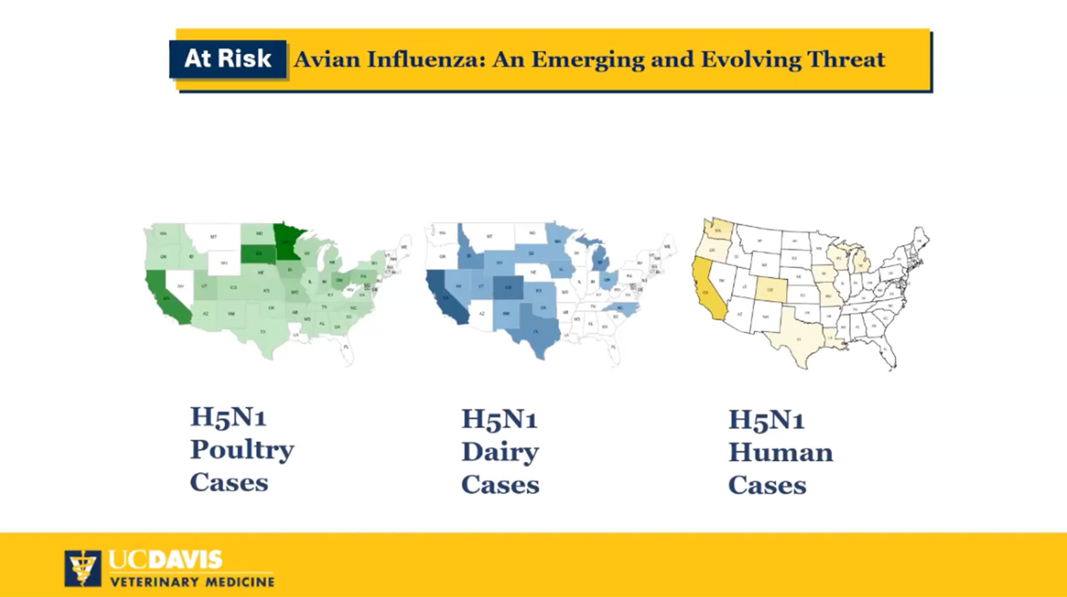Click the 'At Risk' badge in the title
point(227,59)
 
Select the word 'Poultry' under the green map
point(242,450)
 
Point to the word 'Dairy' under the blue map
point(500,452)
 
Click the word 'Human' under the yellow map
point(780,452)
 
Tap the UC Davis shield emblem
point(82,568)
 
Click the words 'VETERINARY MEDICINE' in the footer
point(192,581)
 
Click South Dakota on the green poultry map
point(257,254)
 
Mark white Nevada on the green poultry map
point(180,286)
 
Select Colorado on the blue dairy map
point(508,287)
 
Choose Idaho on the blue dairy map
point(469,254)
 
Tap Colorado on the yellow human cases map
point(770,290)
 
